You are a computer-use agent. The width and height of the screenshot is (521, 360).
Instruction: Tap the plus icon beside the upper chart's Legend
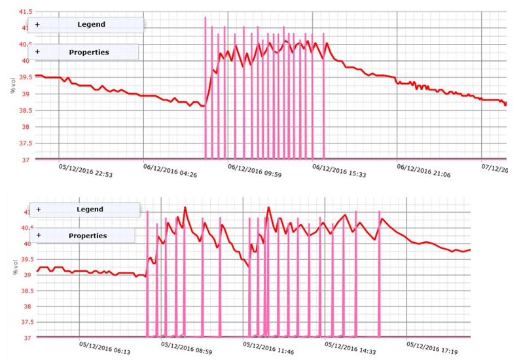(37, 25)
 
